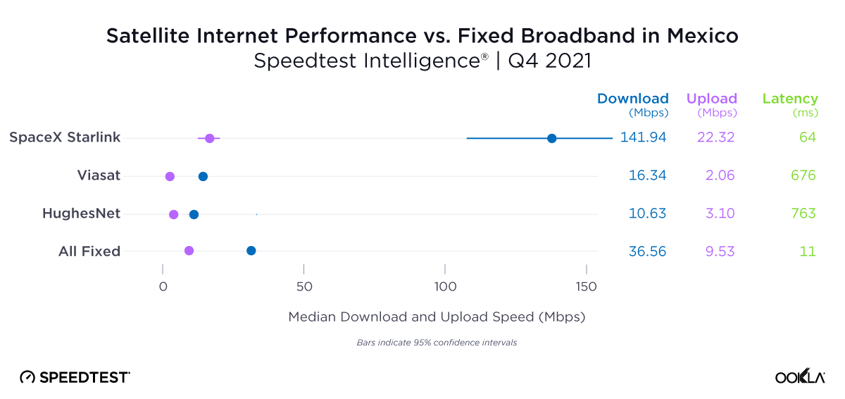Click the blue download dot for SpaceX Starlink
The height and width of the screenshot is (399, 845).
tap(552, 138)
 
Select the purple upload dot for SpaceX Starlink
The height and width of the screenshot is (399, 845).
tap(209, 138)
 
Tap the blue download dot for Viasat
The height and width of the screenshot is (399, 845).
tap(203, 176)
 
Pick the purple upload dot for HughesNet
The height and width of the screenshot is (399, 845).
tap(174, 214)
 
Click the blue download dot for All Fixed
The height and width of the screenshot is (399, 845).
tap(251, 250)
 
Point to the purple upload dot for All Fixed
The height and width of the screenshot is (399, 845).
tap(189, 250)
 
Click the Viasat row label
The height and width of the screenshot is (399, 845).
tap(99, 176)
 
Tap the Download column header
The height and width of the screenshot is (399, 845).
tap(632, 99)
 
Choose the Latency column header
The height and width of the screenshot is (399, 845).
tap(790, 99)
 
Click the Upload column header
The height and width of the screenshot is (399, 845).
tap(711, 99)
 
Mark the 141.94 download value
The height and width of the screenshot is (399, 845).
tap(643, 137)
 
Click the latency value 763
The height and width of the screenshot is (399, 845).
tap(803, 214)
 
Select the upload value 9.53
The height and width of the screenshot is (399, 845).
tap(716, 251)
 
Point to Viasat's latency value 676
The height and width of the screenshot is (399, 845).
tap(803, 176)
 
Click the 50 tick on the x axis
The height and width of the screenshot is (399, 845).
tap(303, 287)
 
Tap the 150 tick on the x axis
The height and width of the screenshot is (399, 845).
tap(586, 287)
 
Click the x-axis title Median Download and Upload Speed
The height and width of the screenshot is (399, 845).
tap(437, 317)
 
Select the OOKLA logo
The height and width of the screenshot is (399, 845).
tap(800, 377)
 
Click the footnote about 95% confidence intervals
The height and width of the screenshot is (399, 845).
tap(437, 343)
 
